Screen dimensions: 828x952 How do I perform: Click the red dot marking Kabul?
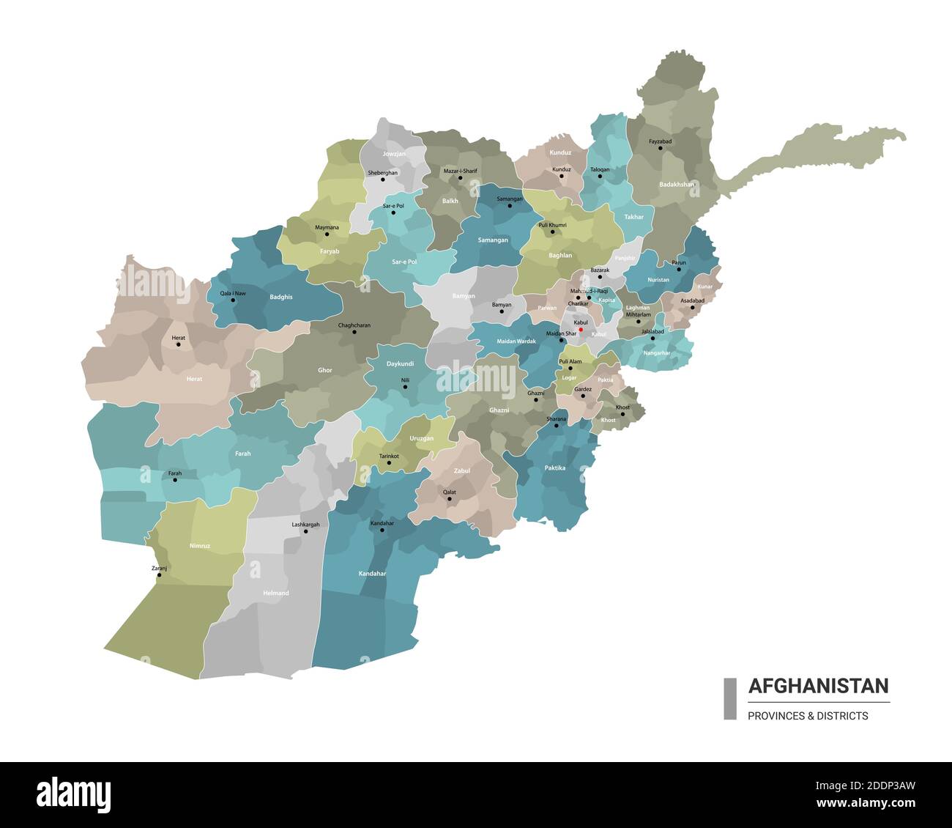(581, 330)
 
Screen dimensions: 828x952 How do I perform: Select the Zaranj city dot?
(159, 575)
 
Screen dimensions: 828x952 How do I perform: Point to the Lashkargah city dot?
(306, 531)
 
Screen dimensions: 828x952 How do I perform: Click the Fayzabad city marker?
(660, 148)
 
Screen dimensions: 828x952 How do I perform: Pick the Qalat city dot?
(449, 499)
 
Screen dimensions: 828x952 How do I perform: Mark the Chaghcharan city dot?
(354, 332)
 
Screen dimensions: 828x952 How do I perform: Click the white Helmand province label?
(276, 593)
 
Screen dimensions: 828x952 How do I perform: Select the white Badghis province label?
(281, 297)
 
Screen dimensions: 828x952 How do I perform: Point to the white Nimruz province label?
(200, 546)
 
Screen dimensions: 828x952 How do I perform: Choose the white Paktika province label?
(555, 467)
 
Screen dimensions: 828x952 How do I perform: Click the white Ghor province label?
(325, 370)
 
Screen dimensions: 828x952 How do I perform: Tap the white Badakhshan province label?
(676, 185)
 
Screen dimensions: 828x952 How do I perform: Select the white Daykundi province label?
(401, 363)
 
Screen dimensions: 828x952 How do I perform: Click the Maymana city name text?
(327, 227)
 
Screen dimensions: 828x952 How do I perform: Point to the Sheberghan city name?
(383, 172)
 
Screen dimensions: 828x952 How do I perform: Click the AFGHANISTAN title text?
(818, 687)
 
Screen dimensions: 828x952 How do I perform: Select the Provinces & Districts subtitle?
(808, 716)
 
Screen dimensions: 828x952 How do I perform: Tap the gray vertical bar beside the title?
(730, 698)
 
